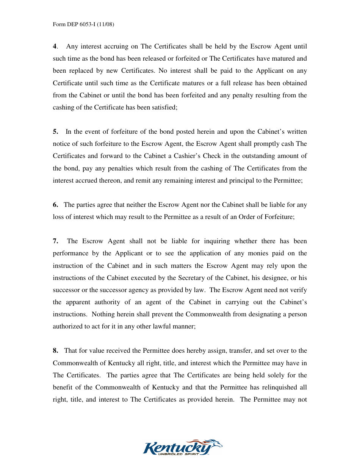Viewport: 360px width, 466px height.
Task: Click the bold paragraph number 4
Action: coord(55,47)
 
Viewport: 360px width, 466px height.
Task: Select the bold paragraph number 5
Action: coord(55,132)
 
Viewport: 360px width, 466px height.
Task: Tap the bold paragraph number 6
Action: coord(55,205)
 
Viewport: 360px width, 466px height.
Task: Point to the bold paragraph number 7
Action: coord(55,241)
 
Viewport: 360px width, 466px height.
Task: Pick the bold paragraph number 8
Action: coord(55,351)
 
